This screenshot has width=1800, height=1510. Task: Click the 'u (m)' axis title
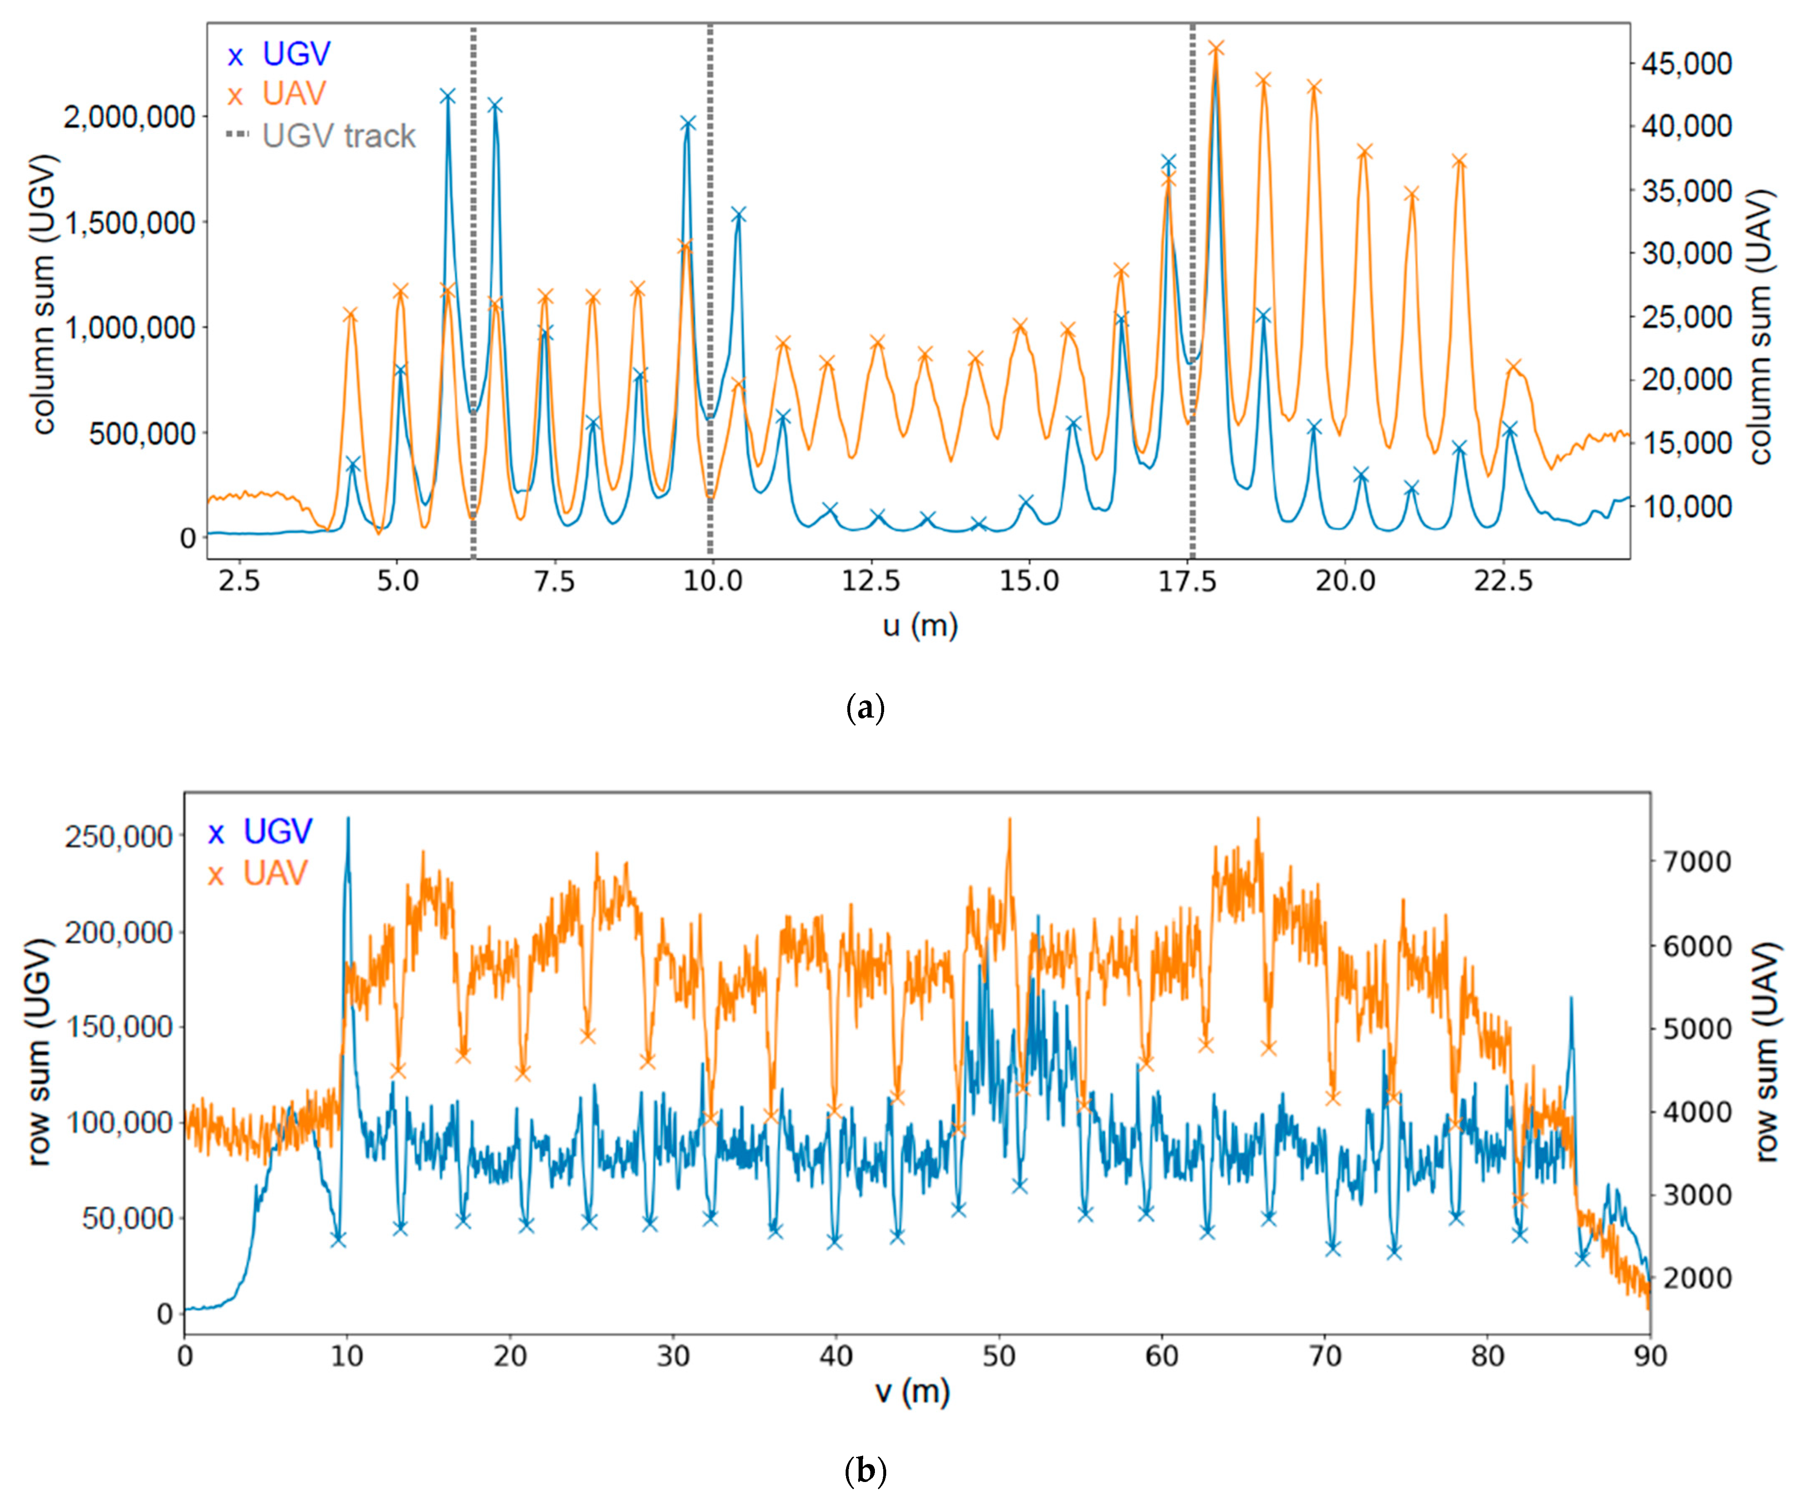(x=920, y=626)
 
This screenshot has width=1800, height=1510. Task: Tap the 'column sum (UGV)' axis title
(x=43, y=294)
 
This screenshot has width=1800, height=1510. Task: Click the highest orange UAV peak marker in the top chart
(x=1215, y=48)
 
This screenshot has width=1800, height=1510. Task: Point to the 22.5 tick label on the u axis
(x=1503, y=581)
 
